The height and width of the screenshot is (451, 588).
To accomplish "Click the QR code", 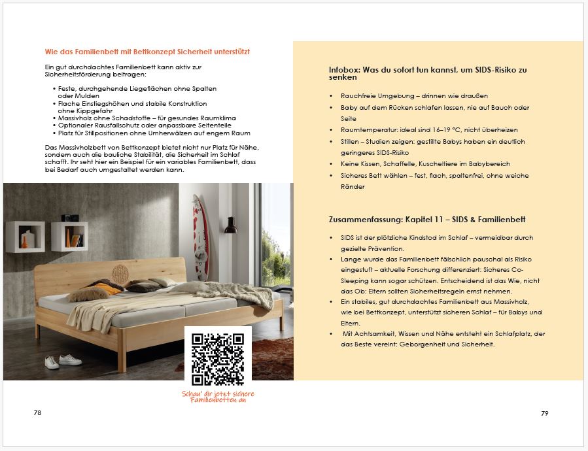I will [217, 358].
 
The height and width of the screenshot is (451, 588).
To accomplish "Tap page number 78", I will [37, 413].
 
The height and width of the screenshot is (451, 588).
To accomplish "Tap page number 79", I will [544, 413].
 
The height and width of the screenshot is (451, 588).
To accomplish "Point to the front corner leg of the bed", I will [121, 356].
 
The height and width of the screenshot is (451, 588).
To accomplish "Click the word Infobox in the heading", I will [343, 70].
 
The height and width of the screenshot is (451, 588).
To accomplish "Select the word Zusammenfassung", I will [363, 220].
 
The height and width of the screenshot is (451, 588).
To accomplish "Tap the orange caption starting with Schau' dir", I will [218, 397].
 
